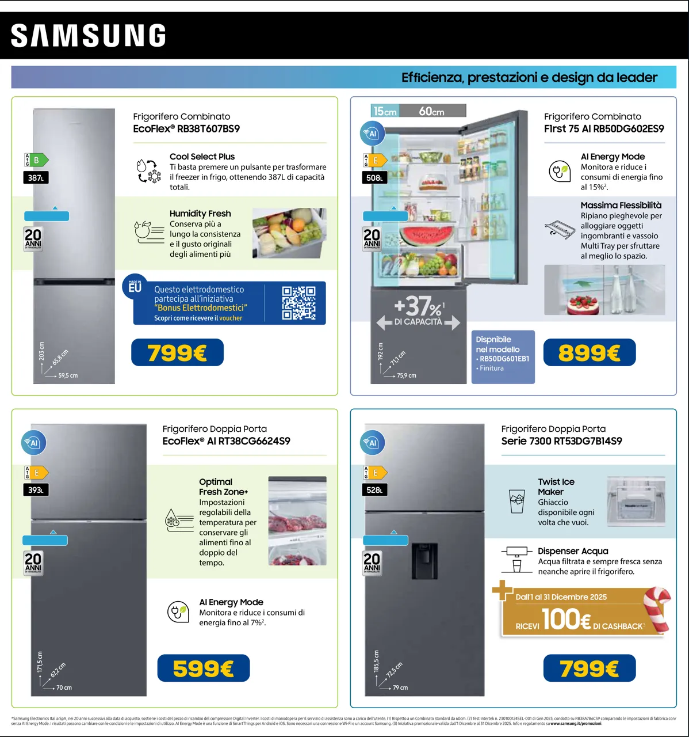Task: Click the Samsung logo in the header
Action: (89, 35)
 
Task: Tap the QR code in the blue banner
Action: (298, 303)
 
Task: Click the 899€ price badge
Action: (589, 352)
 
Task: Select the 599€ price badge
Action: (203, 668)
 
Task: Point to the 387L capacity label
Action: (36, 178)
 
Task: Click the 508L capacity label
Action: (374, 178)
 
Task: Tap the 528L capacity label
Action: (374, 490)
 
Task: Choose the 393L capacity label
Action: (36, 490)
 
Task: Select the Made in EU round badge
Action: (135, 287)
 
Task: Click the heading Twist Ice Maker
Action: (556, 487)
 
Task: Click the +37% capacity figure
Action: (418, 305)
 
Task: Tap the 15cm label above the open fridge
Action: (385, 111)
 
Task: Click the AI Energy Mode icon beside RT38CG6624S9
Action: (177, 611)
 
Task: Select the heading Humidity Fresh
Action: (200, 214)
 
